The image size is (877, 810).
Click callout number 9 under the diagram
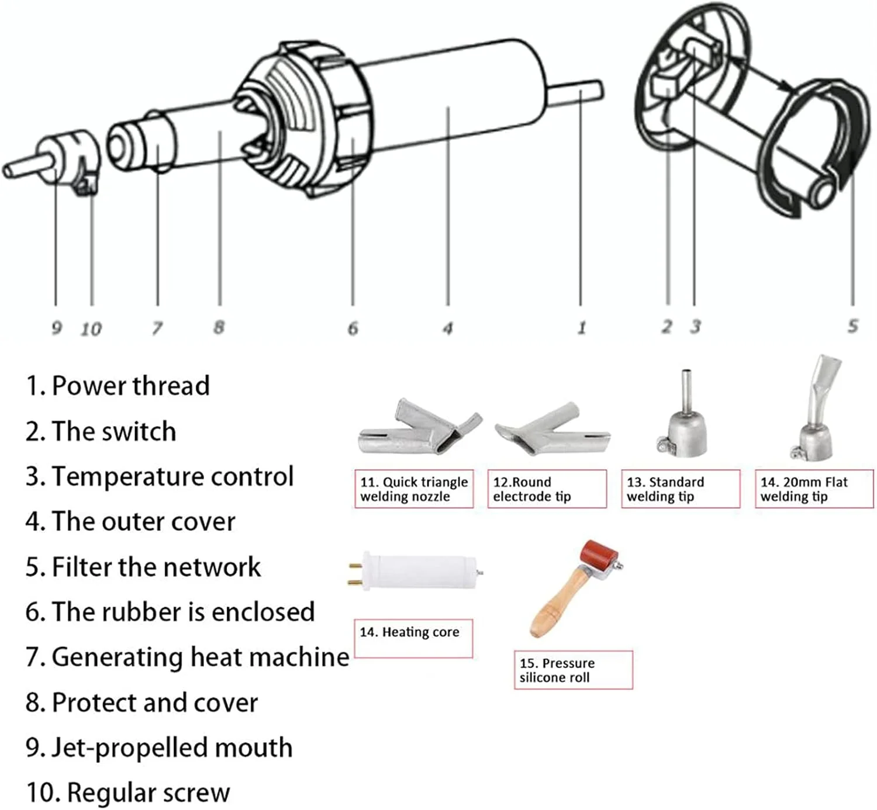56,327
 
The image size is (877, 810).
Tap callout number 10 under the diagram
91,329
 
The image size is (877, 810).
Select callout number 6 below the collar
353,328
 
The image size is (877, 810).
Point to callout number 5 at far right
853,326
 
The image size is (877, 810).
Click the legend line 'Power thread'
118,386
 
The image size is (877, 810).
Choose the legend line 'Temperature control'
159,476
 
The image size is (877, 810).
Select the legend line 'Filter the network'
143,567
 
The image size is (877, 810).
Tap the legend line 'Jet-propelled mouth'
159,747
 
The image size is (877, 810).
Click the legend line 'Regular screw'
128,792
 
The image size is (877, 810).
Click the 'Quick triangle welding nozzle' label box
414,489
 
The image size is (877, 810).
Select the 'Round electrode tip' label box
547,489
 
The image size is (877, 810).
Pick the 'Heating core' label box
413,638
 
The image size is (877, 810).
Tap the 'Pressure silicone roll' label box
573,670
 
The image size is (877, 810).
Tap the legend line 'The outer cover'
130,521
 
